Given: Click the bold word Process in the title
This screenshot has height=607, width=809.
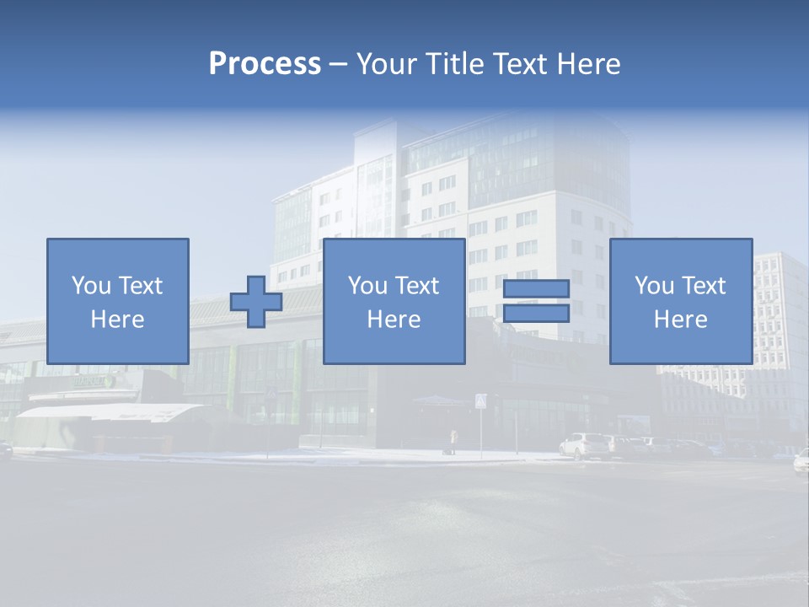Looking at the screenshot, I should point(265,64).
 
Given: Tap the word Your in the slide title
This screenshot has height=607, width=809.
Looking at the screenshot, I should point(384,64).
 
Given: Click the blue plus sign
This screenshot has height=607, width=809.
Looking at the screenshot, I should point(256,301).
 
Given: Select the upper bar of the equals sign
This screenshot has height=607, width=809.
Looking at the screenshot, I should point(536,289).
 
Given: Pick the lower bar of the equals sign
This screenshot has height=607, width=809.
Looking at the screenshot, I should point(536,314).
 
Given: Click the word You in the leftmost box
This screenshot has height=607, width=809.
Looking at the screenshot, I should point(91,286).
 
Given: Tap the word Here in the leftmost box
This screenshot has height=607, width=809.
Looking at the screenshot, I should point(117,320).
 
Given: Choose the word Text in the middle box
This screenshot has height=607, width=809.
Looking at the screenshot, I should point(417,286).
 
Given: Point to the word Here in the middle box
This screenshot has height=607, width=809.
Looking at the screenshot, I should point(394,320).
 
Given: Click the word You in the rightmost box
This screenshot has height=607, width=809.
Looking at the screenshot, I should point(654,286).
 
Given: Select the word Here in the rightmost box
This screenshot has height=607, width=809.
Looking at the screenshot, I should point(680,320).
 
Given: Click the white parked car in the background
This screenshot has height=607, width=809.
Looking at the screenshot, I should point(585,445).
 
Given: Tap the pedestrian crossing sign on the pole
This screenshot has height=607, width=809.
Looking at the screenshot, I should point(480,401).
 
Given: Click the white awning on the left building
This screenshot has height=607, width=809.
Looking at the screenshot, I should point(110,412).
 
